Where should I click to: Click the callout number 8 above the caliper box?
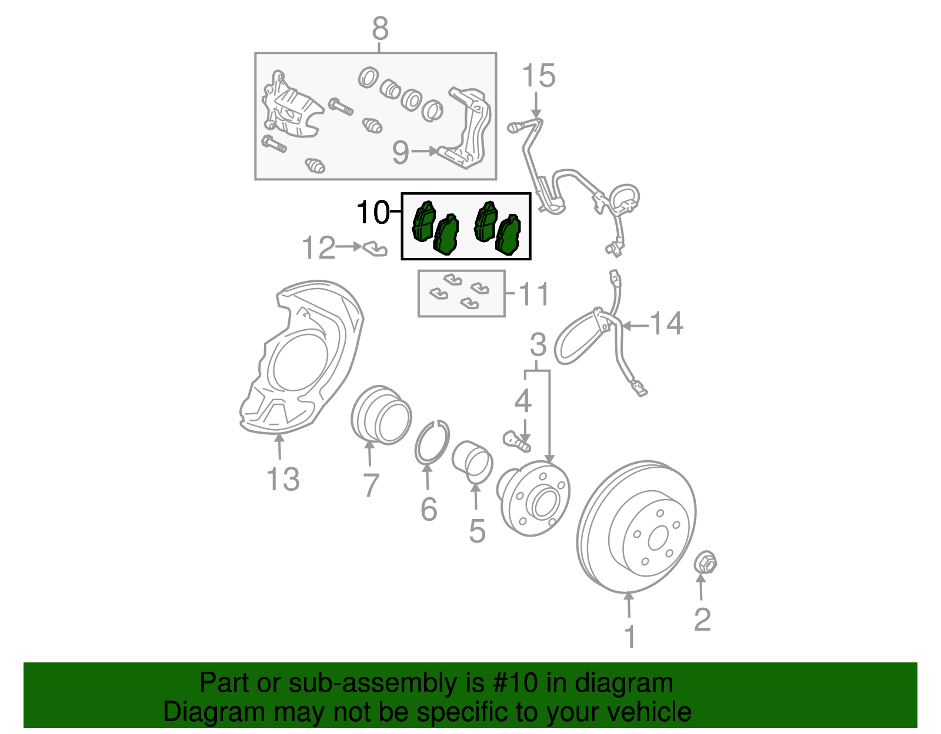pos(381,28)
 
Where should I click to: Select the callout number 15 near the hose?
pos(538,76)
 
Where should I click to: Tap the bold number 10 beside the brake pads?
pos(373,212)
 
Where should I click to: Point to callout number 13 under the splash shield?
pos(283,479)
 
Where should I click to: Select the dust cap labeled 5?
pos(472,460)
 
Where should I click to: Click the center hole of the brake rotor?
pos(658,537)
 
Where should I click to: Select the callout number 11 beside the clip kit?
pos(534,293)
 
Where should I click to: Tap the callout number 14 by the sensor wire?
pos(666,323)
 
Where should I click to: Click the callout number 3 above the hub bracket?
pos(538,345)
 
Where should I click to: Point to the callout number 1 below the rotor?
pos(629,636)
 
